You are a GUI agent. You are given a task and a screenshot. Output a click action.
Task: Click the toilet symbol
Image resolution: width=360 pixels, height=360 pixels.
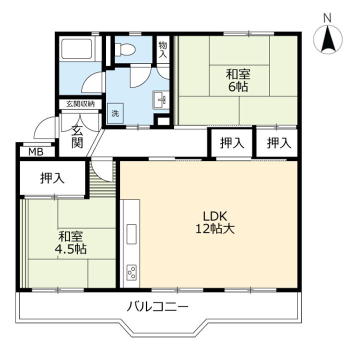[125, 49]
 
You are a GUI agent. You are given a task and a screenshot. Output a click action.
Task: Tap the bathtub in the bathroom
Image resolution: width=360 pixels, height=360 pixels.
[77, 50]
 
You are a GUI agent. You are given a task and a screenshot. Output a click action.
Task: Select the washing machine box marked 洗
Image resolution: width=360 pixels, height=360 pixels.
[115, 113]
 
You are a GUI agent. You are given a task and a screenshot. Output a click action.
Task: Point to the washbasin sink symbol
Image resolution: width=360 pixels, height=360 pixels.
[161, 100]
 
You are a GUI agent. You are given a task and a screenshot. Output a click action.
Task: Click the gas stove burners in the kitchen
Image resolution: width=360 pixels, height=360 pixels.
[132, 272]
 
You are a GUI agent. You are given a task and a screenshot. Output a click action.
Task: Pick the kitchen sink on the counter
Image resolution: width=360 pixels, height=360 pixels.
[131, 233]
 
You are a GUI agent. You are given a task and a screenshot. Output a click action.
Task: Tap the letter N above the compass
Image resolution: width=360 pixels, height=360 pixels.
[327, 18]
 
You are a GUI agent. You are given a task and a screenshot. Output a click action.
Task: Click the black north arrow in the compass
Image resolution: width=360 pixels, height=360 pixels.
[327, 39]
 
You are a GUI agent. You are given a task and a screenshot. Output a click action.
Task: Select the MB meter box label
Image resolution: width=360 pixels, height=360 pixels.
[36, 152]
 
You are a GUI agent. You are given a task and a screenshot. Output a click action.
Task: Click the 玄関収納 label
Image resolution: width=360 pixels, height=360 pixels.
[80, 104]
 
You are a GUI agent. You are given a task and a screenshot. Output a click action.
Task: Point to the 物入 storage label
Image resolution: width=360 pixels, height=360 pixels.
[163, 49]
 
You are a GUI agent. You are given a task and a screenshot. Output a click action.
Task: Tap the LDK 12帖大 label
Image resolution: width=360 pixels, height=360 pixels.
[215, 222]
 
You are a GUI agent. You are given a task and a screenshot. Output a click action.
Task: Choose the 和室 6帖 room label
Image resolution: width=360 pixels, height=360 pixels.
[238, 80]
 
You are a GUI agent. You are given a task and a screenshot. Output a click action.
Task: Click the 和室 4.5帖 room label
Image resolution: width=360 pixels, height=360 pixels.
[70, 242]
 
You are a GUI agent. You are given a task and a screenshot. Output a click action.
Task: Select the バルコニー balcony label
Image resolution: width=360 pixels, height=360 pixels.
[157, 306]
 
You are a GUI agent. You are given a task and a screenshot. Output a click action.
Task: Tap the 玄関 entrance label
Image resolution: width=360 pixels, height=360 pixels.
[77, 137]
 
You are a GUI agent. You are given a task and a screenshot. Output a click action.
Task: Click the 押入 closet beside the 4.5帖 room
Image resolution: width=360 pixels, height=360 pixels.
[52, 178]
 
